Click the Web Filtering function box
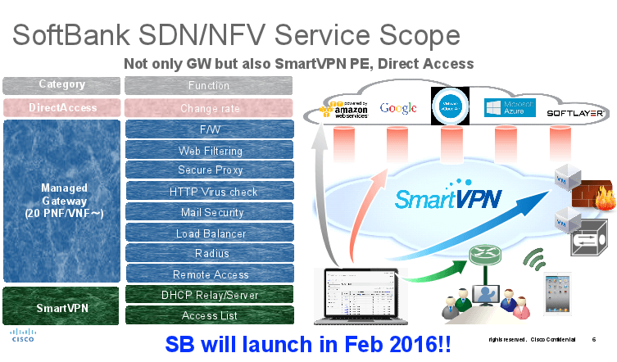pyautogui.click(x=209, y=151)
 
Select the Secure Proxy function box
pyautogui.click(x=209, y=170)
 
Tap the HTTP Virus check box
pyautogui.click(x=209, y=192)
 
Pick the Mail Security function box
pyautogui.click(x=209, y=212)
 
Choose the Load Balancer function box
pyautogui.click(x=209, y=233)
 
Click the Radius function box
pyautogui.click(x=209, y=254)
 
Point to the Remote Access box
pyautogui.click(x=209, y=274)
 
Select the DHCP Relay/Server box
pyautogui.click(x=209, y=295)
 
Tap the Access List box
pyautogui.click(x=209, y=315)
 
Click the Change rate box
pyautogui.click(x=209, y=108)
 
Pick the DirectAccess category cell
pyautogui.click(x=62, y=108)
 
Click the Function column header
pyautogui.click(x=209, y=85)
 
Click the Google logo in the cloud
pyautogui.click(x=399, y=108)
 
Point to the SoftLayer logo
pyautogui.click(x=576, y=112)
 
